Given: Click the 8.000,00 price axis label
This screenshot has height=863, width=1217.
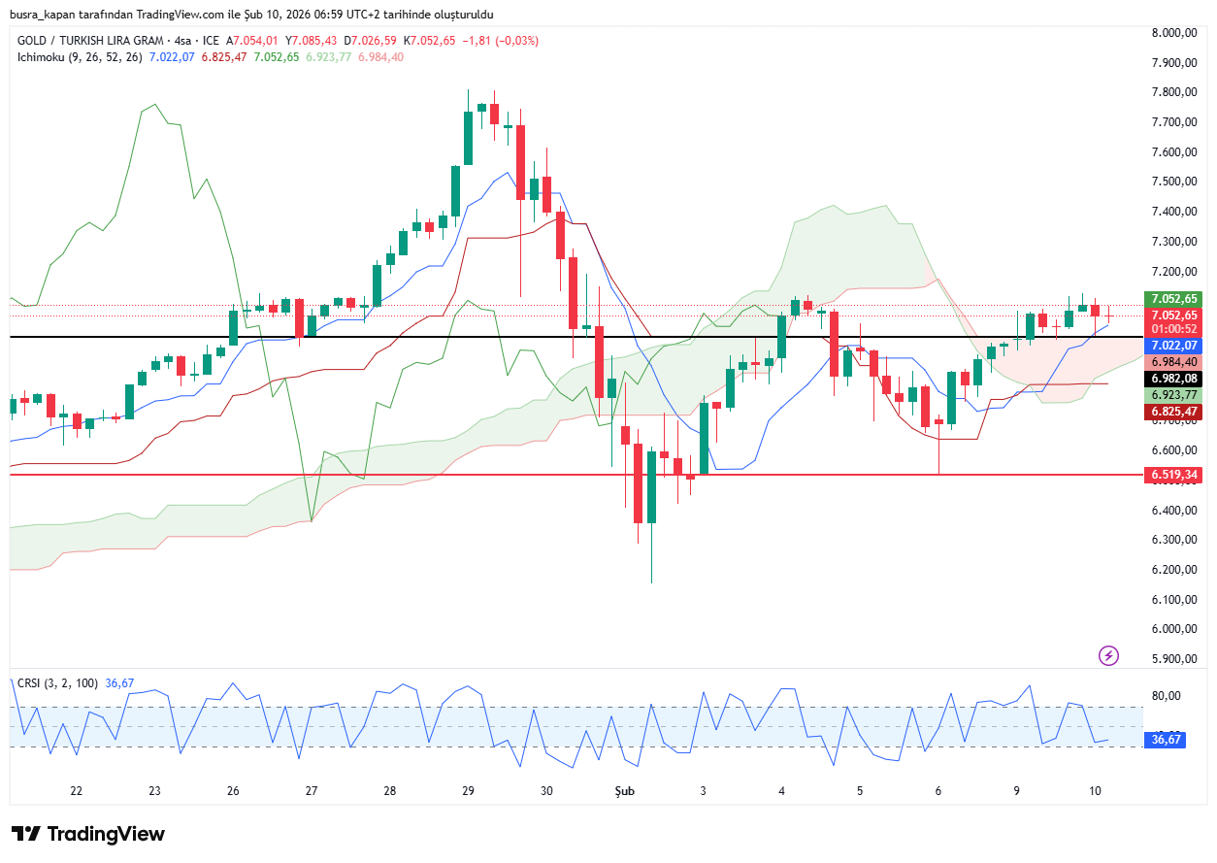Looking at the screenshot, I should pyautogui.click(x=1173, y=32).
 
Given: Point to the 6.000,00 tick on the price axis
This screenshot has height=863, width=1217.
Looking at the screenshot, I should pyautogui.click(x=1173, y=629).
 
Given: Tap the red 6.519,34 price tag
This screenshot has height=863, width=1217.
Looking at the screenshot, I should pyautogui.click(x=1173, y=475).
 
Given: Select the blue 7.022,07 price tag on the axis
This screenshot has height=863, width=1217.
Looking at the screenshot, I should pyautogui.click(x=1173, y=346).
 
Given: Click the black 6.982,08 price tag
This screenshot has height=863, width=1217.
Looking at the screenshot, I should pyautogui.click(x=1173, y=379).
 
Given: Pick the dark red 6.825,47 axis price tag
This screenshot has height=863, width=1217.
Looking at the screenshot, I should pyautogui.click(x=1173, y=412).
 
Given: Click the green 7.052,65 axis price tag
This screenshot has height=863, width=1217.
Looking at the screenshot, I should pyautogui.click(x=1173, y=299).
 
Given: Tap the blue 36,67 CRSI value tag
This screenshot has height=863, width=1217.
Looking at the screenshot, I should pyautogui.click(x=1166, y=740).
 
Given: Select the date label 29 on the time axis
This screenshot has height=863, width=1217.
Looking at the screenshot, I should pyautogui.click(x=468, y=791).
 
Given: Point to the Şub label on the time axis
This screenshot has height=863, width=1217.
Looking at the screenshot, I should pyautogui.click(x=624, y=791).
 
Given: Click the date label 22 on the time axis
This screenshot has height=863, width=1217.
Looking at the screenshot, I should pyautogui.click(x=77, y=791).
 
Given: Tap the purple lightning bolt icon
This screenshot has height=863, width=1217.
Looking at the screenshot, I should pyautogui.click(x=1108, y=655).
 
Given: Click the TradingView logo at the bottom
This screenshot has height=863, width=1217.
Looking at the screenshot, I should pyautogui.click(x=88, y=834).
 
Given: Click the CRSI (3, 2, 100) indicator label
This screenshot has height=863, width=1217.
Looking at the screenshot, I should pyautogui.click(x=57, y=683).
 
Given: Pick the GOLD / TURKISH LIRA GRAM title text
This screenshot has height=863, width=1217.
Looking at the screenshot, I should pyautogui.click(x=90, y=41).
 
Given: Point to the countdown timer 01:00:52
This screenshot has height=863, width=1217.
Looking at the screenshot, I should pyautogui.click(x=1173, y=328).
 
